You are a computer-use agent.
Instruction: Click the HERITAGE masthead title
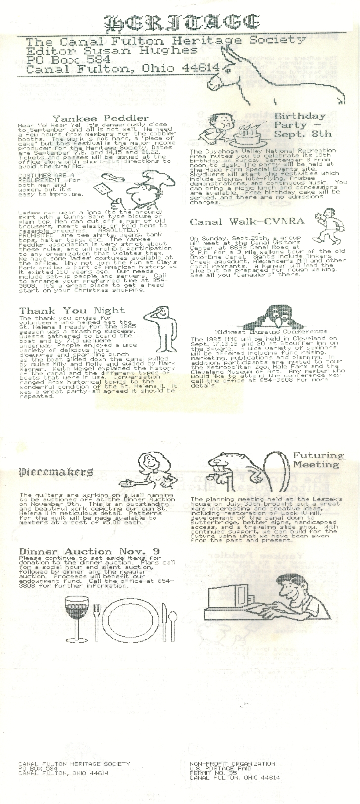[182, 22]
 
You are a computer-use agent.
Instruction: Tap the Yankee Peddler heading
[100, 118]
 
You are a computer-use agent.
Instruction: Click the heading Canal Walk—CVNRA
[247, 221]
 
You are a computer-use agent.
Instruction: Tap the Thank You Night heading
[72, 310]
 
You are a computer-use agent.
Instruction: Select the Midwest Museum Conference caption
[271, 331]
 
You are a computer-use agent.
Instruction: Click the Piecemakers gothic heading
[56, 471]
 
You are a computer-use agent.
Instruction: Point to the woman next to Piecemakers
[148, 471]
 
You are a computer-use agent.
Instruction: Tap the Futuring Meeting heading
[317, 460]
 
